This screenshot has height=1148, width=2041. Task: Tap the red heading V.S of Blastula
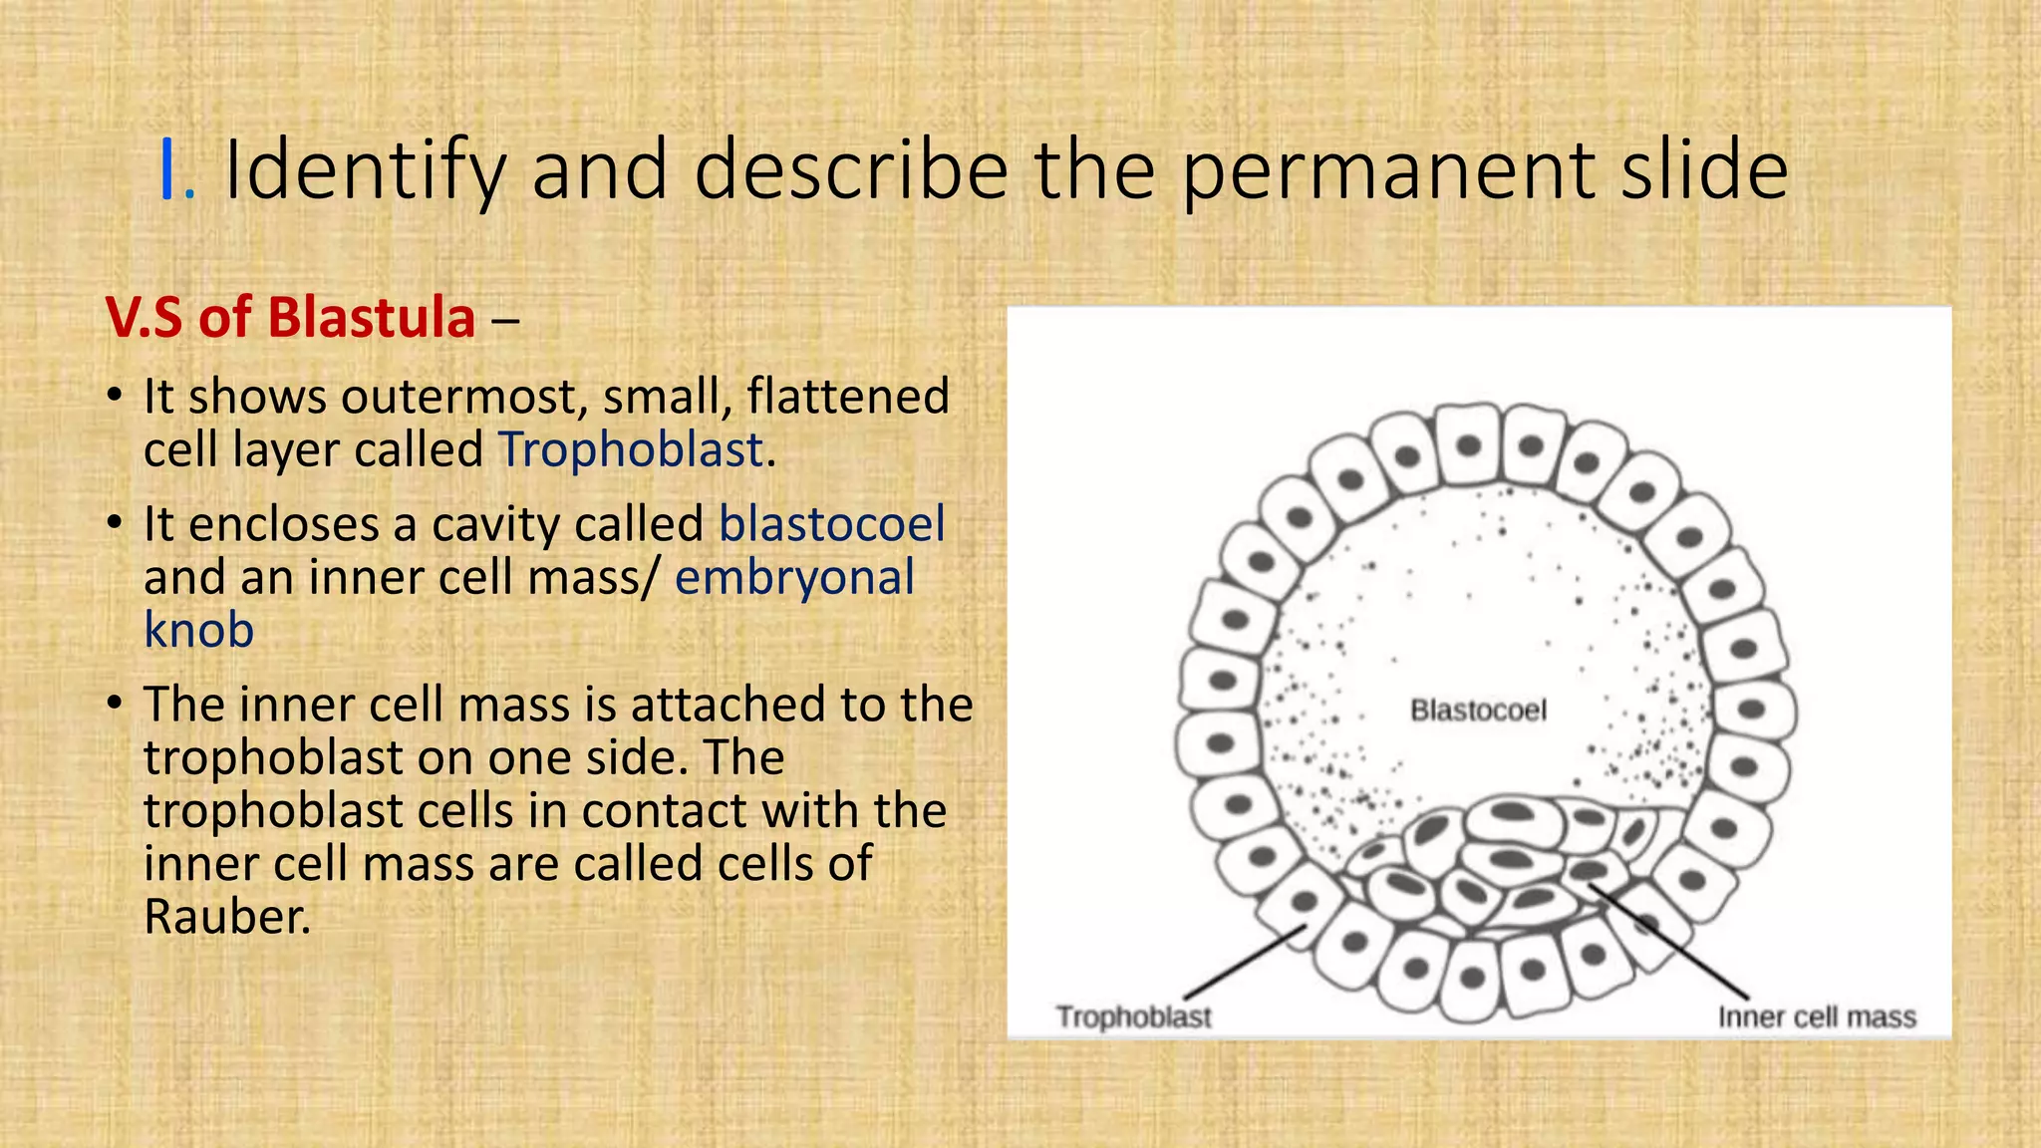pyautogui.click(x=290, y=318)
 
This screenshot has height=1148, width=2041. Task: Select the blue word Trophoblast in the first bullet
pyautogui.click(x=630, y=449)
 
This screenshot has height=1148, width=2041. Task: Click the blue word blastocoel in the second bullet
pyautogui.click(x=831, y=524)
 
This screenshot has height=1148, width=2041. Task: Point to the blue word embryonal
pyautogui.click(x=794, y=577)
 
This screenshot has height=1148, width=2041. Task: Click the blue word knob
pyautogui.click(x=198, y=630)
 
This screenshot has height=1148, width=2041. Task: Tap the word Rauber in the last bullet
pyautogui.click(x=224, y=917)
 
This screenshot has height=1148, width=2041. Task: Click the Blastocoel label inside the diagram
pyautogui.click(x=1478, y=711)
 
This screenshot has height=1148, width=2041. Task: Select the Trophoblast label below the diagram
pyautogui.click(x=1133, y=1017)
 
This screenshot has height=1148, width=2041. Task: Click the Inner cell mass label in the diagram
pyautogui.click(x=1816, y=1017)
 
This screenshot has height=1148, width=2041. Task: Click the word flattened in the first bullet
pyautogui.click(x=847, y=397)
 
